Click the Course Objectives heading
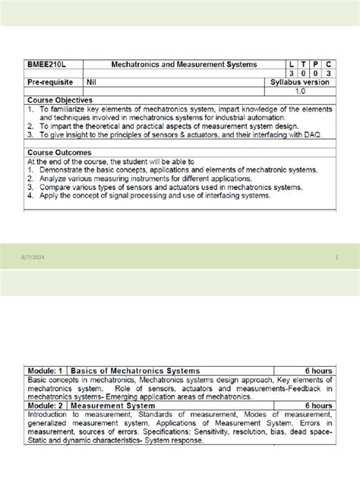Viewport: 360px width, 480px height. [60, 99]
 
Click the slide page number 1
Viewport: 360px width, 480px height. [335, 259]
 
